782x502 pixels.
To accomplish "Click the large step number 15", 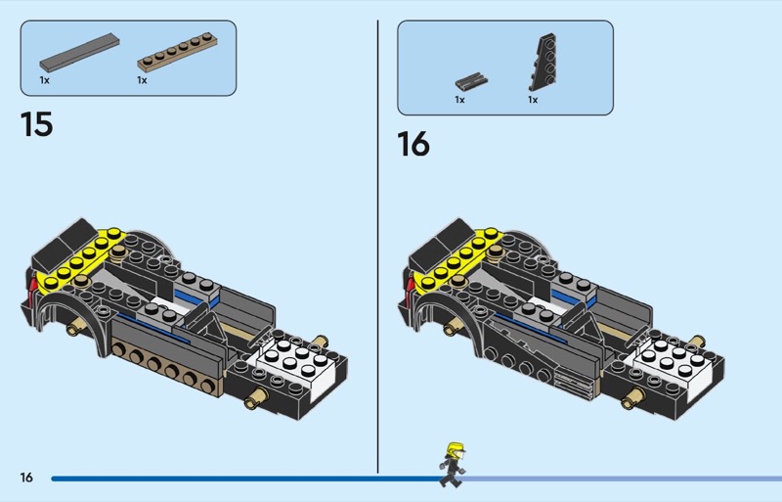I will (x=37, y=125).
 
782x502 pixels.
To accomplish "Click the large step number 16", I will (x=413, y=144).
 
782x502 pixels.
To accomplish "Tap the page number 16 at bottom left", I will (x=26, y=478).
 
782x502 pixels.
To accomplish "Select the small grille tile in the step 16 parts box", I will (x=472, y=80).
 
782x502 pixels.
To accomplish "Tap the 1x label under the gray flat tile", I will (x=45, y=80).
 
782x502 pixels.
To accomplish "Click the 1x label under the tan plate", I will (x=142, y=80).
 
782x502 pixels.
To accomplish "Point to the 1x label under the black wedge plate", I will (x=533, y=100).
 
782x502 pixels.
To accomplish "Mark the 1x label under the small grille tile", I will (x=459, y=100).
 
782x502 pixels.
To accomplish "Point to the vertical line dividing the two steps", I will (x=378, y=245).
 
